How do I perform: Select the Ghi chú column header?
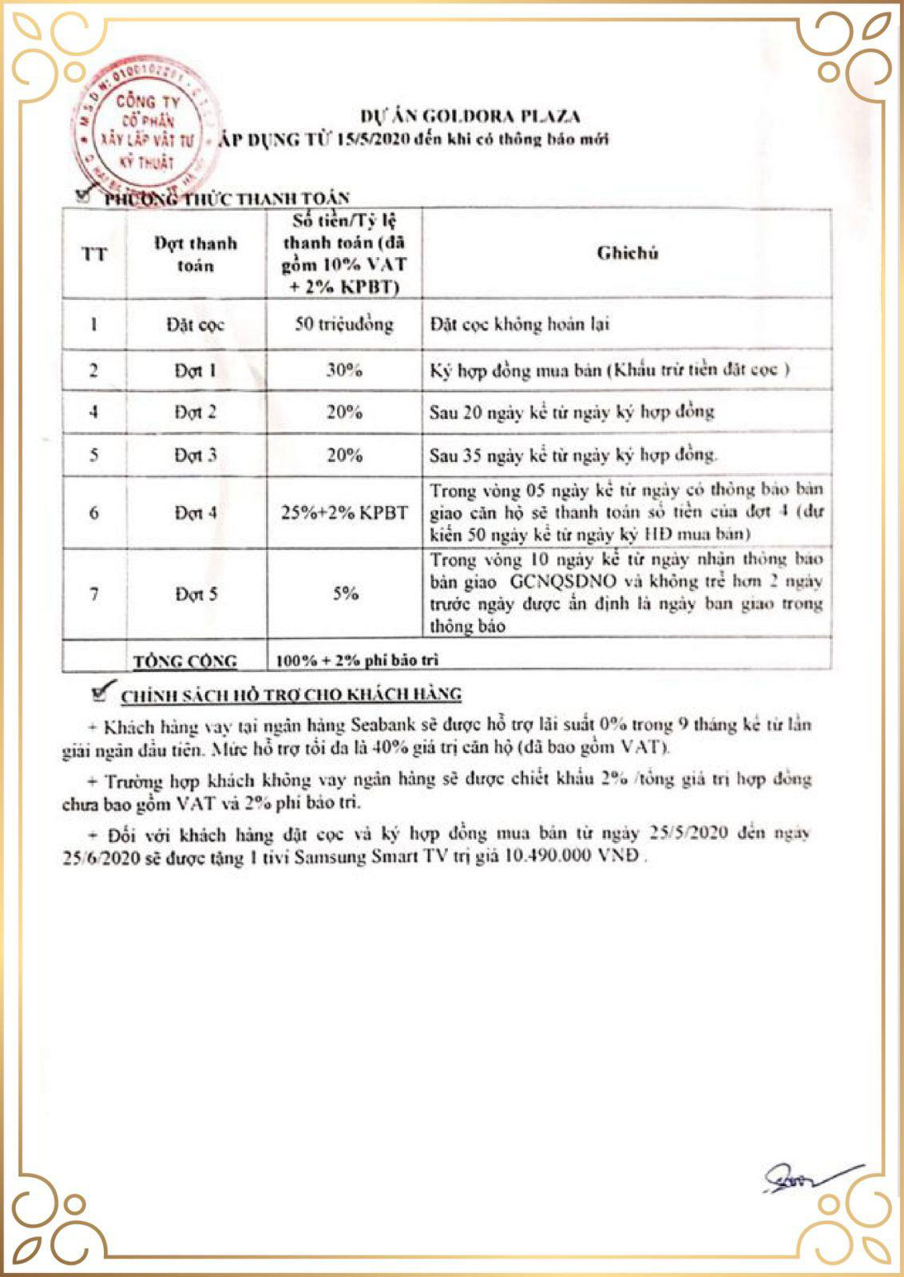(627, 254)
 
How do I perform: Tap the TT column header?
(94, 255)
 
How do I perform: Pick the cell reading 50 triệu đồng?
(344, 324)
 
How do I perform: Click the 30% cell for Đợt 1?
(344, 370)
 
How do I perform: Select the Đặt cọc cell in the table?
(196, 325)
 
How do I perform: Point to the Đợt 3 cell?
(196, 456)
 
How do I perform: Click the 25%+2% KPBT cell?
(344, 513)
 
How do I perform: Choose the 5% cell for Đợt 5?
(344, 594)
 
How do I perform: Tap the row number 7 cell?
(94, 594)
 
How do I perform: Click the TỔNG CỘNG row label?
(185, 661)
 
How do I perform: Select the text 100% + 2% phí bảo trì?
(357, 660)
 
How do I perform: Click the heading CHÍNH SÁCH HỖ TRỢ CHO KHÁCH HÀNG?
(291, 695)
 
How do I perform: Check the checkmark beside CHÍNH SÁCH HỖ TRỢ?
(101, 693)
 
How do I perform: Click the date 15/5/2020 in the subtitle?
(375, 140)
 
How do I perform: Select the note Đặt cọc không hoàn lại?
(520, 325)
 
